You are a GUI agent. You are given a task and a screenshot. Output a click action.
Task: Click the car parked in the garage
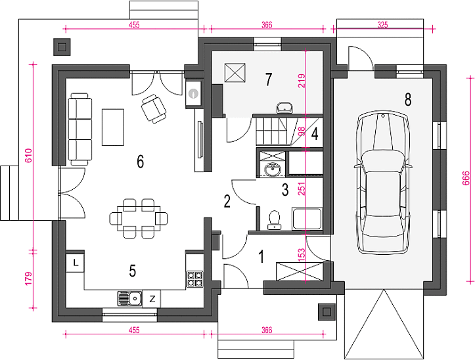pyautogui.click(x=383, y=183)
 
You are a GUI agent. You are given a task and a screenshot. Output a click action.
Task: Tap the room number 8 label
pyautogui.click(x=408, y=99)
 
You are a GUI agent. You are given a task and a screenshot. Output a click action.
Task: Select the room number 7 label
pyautogui.click(x=269, y=79)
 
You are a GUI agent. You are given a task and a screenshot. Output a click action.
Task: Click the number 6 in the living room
pyautogui.click(x=140, y=162)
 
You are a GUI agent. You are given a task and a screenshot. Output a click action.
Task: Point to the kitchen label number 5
pyautogui.click(x=132, y=271)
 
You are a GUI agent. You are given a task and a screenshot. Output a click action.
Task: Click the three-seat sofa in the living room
pyautogui.click(x=80, y=129)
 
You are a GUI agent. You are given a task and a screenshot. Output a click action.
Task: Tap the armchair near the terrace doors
pyautogui.click(x=154, y=108)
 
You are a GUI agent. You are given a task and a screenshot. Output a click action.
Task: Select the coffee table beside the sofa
pyautogui.click(x=113, y=127)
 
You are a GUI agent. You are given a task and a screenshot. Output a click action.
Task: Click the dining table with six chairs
pyautogui.click(x=139, y=218)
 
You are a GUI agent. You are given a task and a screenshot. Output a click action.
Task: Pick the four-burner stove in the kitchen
pyautogui.click(x=194, y=279)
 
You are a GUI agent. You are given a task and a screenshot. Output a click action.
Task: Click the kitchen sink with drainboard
pyautogui.click(x=129, y=298)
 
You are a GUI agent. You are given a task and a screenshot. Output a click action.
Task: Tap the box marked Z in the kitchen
pyautogui.click(x=152, y=299)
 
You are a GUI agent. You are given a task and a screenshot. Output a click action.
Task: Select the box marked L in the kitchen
pyautogui.click(x=75, y=263)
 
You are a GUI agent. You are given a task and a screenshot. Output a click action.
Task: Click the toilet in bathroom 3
pyautogui.click(x=274, y=219)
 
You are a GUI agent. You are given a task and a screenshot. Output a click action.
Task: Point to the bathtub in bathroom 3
pyautogui.click(x=307, y=219)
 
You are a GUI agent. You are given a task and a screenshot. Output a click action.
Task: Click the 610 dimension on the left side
pyautogui.click(x=28, y=156)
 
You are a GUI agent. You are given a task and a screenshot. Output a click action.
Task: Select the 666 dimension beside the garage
pyautogui.click(x=466, y=178)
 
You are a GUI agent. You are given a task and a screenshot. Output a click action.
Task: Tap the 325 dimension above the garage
pyautogui.click(x=382, y=25)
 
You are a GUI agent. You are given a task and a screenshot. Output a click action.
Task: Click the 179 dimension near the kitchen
pyautogui.click(x=28, y=279)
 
